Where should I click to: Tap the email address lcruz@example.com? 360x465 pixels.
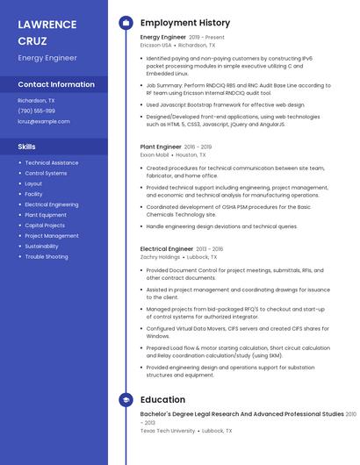tap(43, 121)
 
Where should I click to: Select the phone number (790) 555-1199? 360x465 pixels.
tap(36, 111)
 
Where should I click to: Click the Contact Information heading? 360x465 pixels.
tap(56, 84)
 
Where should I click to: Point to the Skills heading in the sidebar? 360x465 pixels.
tap(26, 147)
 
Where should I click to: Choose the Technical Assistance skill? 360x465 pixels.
tap(51, 162)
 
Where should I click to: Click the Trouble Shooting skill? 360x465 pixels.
tap(46, 257)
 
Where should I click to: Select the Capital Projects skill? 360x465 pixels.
tap(45, 225)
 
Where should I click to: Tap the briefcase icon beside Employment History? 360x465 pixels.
tap(126, 22)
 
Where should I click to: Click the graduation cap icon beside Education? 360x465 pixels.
tap(126, 399)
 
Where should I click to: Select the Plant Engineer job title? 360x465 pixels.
tap(161, 147)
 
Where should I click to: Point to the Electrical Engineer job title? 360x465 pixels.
tap(166, 248)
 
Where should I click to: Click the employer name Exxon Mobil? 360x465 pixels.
tap(154, 154)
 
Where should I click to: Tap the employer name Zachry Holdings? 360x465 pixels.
tap(160, 257)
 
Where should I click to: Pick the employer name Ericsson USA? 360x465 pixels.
tap(156, 45)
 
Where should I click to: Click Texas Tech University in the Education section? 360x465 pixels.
tap(167, 431)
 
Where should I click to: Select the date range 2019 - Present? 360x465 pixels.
tap(206, 38)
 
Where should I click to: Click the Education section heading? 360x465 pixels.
tap(162, 399)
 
